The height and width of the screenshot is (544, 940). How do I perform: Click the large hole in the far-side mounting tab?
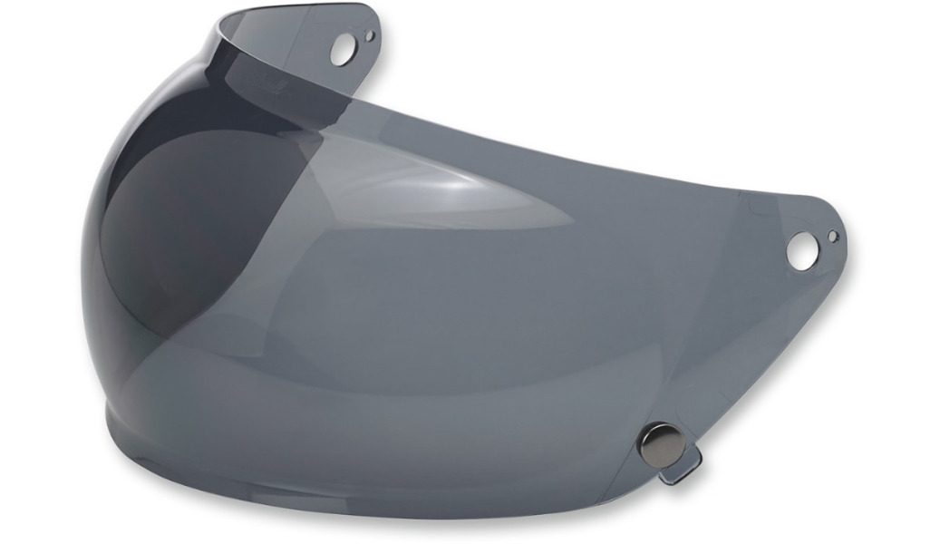pos(342,50)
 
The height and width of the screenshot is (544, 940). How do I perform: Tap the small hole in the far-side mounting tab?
pos(369,36)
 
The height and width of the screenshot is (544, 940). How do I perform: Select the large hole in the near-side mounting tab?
pos(800,249)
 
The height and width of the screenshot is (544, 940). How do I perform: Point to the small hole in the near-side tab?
pos(833,237)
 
